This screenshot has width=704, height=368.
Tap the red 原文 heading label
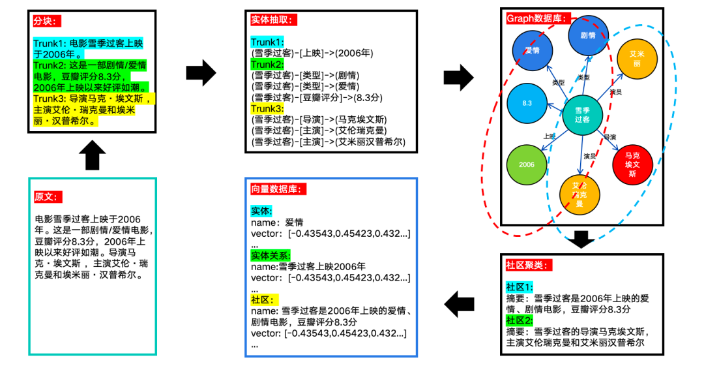tap(47, 196)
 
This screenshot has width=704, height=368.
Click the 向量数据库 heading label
tap(278, 189)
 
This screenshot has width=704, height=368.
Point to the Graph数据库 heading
tap(539, 18)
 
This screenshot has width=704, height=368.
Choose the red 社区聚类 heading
tap(529, 266)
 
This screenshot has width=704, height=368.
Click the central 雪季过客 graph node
tap(582, 115)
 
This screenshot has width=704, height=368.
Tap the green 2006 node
tap(527, 164)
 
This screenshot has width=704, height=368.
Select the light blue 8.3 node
tap(527, 104)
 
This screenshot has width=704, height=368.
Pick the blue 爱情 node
tap(532, 50)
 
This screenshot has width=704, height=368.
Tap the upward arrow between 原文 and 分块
tap(92, 156)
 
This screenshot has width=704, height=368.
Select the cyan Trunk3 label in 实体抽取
tap(267, 108)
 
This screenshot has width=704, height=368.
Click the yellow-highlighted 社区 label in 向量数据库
tap(265, 300)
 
